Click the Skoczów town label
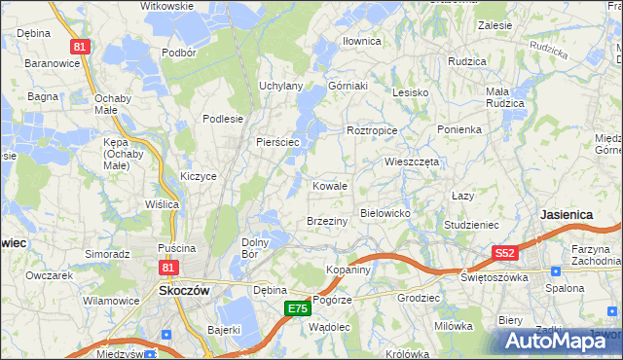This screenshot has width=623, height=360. [x=178, y=290]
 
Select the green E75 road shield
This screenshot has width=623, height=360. [x=297, y=308]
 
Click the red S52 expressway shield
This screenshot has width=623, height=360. [x=503, y=253]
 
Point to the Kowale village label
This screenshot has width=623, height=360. [x=330, y=186]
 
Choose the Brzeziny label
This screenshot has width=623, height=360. [x=327, y=222]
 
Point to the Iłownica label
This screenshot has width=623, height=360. [x=361, y=42]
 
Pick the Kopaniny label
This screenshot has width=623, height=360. [x=348, y=270]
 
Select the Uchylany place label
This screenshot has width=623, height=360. [x=280, y=86]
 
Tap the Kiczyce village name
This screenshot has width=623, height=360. [x=198, y=176]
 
